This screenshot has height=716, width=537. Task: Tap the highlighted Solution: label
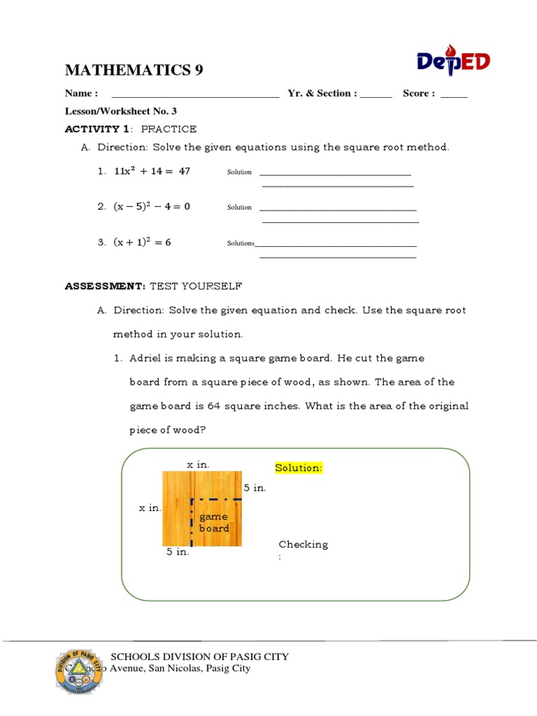point(299,468)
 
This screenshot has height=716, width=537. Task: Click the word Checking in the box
point(303,544)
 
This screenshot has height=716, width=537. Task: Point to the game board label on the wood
point(214,522)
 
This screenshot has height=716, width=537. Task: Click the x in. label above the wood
point(198,464)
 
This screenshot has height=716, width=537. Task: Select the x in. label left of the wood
point(150,508)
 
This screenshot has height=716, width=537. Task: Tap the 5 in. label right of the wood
point(255,487)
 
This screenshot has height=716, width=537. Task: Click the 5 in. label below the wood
point(178,552)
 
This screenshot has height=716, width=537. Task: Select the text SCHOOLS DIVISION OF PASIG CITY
point(200,657)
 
